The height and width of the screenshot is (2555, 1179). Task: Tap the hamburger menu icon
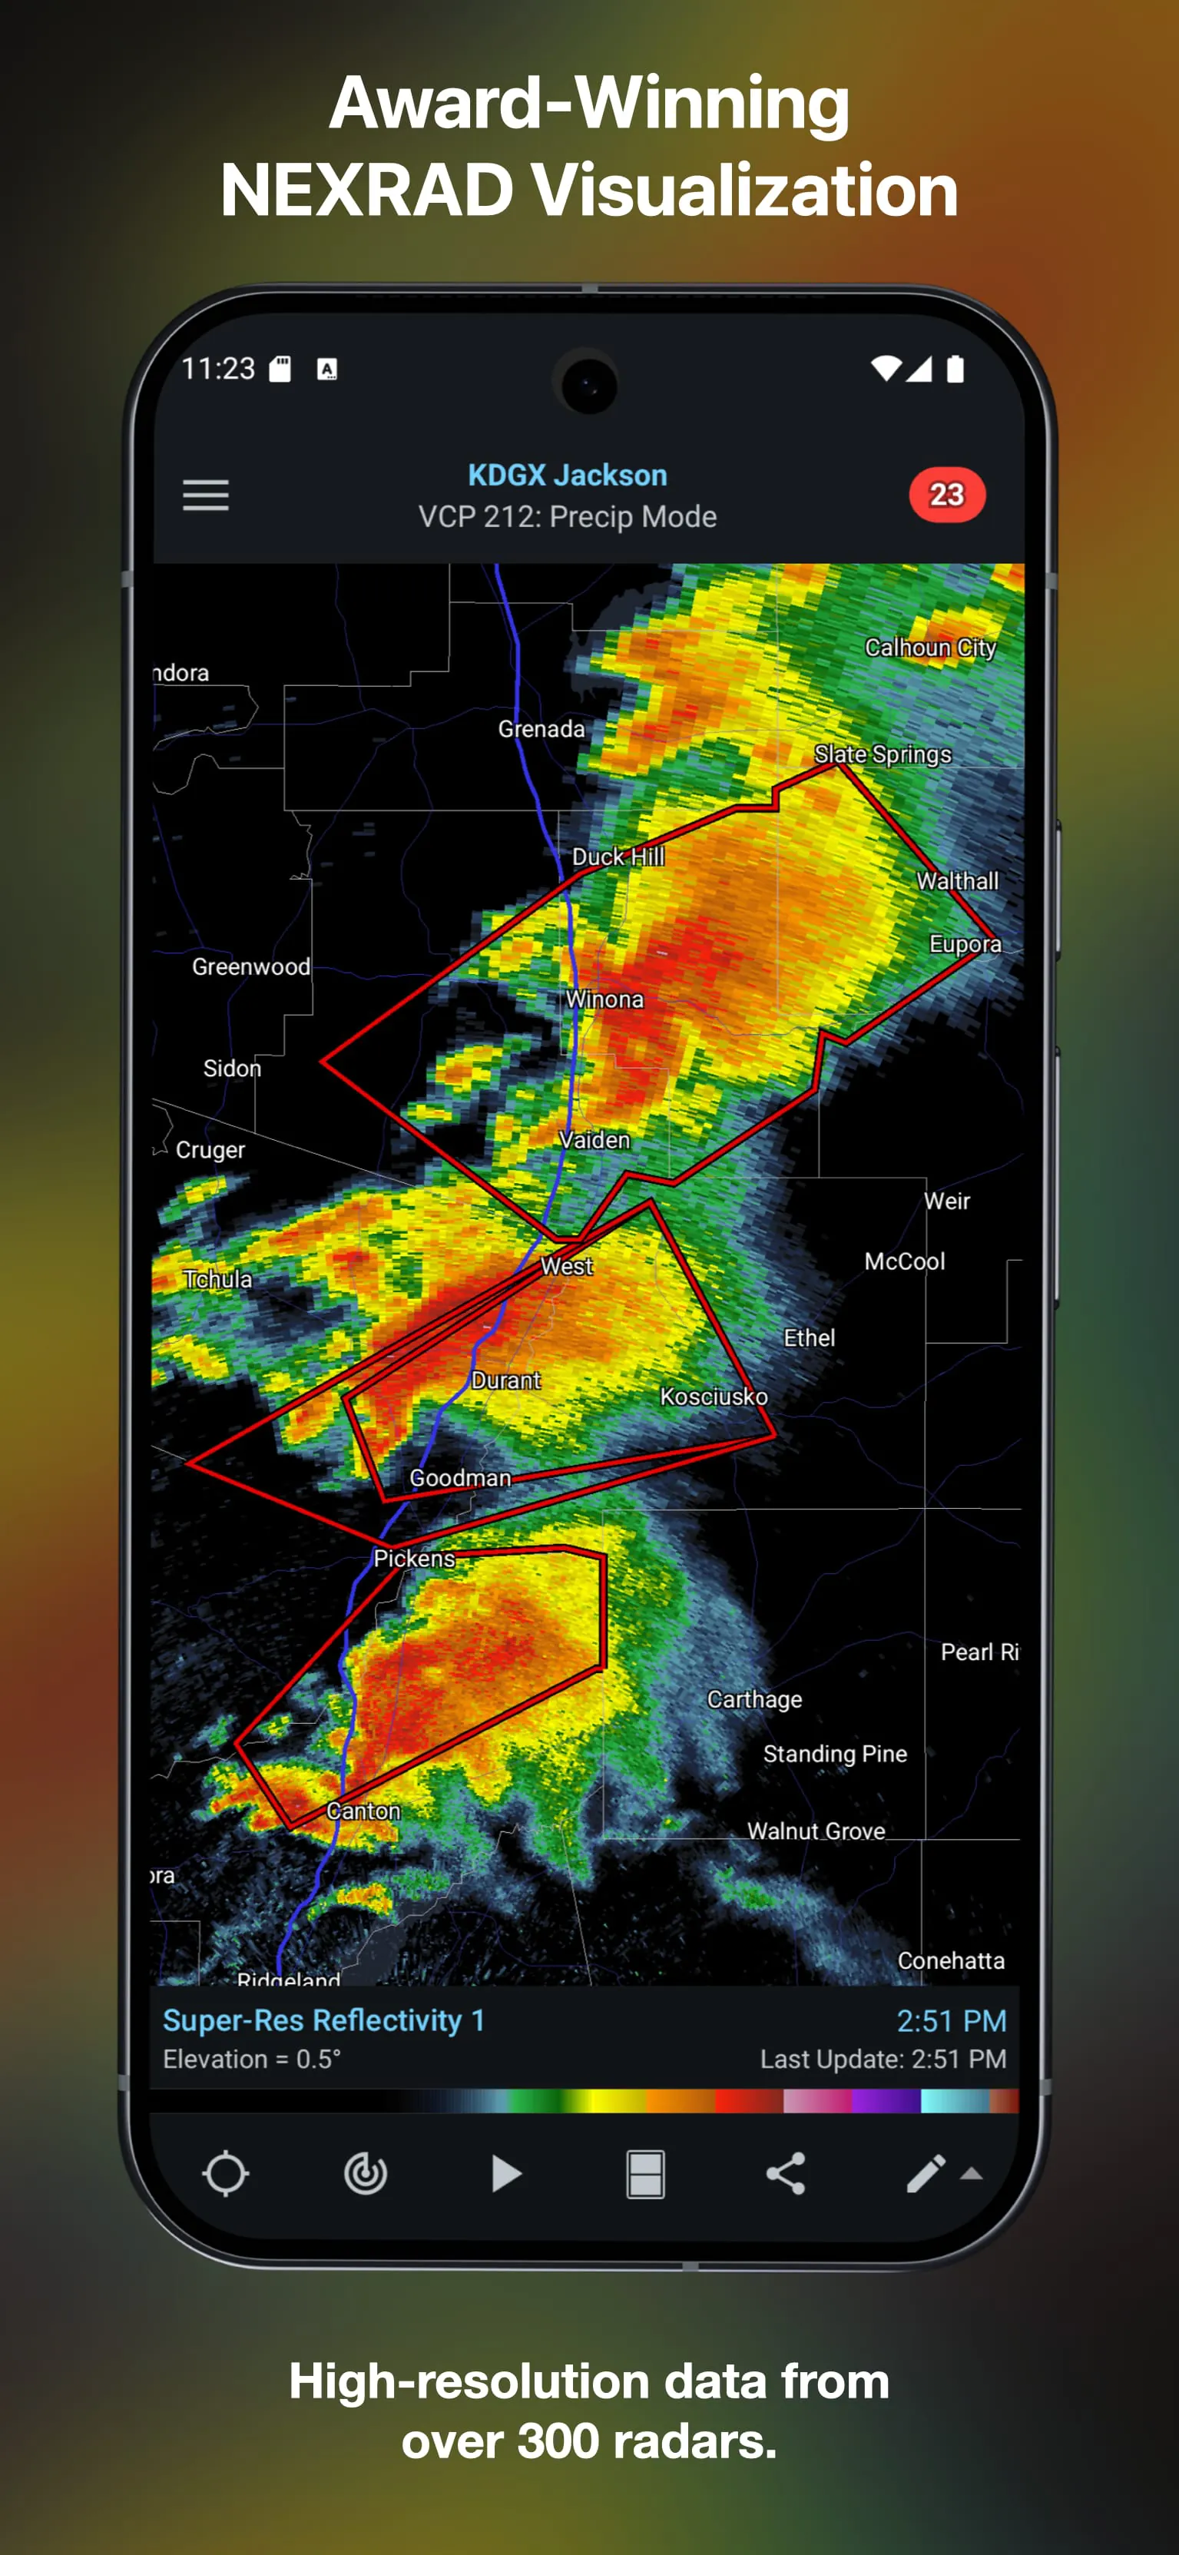click(x=205, y=495)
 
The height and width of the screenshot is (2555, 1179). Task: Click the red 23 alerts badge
click(x=946, y=495)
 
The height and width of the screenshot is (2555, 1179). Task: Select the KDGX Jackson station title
click(x=567, y=475)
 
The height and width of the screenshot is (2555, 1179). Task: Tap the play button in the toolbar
click(x=505, y=2174)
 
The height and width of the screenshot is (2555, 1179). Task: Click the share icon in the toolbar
click(x=785, y=2174)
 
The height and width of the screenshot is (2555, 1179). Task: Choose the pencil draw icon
click(x=926, y=2174)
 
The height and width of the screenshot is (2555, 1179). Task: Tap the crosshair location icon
click(x=225, y=2174)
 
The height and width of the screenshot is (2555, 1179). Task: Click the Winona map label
click(x=604, y=999)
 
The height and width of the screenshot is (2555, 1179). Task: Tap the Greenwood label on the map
click(x=251, y=967)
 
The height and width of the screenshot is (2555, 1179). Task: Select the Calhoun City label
click(x=930, y=648)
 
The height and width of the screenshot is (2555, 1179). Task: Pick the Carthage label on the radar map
click(x=754, y=1700)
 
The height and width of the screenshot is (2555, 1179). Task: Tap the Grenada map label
click(x=541, y=729)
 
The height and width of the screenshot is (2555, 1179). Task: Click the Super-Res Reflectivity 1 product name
click(x=323, y=2020)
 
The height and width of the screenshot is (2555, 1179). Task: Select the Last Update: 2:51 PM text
click(x=883, y=2059)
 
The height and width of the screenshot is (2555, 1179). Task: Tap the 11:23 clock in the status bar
click(x=218, y=369)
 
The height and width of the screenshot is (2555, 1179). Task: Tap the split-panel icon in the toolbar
click(x=645, y=2174)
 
